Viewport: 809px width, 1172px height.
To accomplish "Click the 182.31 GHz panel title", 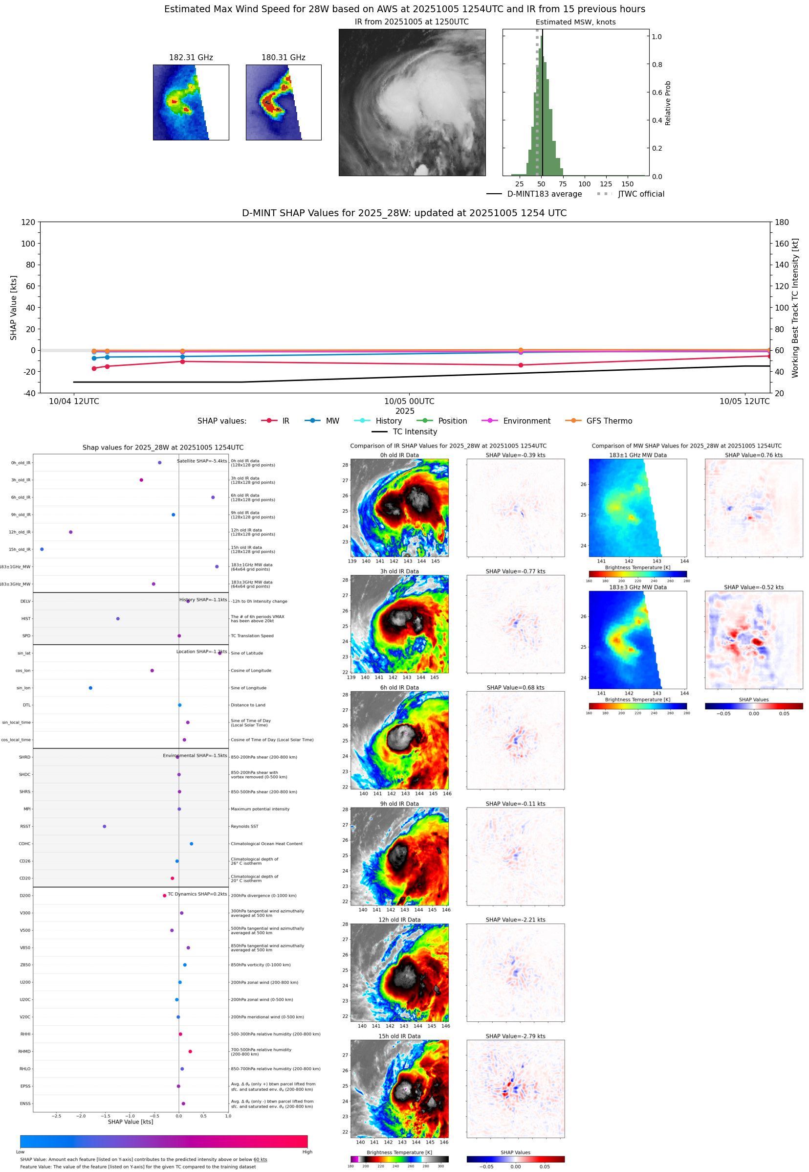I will [191, 57].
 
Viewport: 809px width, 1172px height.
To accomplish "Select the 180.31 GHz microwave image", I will [284, 102].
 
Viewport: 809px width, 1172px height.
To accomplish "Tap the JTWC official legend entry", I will [641, 194].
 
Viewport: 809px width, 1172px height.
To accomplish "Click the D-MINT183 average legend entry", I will [544, 194].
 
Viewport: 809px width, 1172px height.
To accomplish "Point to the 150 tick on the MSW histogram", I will [627, 184].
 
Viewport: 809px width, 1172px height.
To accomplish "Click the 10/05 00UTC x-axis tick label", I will [409, 401].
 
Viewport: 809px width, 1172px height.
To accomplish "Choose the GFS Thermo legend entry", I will [609, 421].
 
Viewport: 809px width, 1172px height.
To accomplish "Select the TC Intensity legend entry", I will [414, 431].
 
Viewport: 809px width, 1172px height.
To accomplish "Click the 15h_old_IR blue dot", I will [42, 549].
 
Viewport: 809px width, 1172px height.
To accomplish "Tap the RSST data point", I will [105, 826].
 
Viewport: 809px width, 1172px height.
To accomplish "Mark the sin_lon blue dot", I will [90, 688].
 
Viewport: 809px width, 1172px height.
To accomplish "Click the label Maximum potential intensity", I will [260, 809].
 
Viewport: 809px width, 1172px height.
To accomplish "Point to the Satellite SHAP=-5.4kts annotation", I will [202, 461].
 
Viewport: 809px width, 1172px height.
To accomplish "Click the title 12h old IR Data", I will [399, 920].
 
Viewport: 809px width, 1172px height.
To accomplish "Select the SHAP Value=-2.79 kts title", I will [515, 1036].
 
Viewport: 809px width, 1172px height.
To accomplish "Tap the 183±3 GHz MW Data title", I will [638, 587].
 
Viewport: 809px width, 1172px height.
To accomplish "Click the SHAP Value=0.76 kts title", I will [753, 455].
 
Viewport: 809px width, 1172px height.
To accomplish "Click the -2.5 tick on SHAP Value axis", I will [56, 1116].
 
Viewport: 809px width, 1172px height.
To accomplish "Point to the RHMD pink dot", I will [190, 1051].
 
